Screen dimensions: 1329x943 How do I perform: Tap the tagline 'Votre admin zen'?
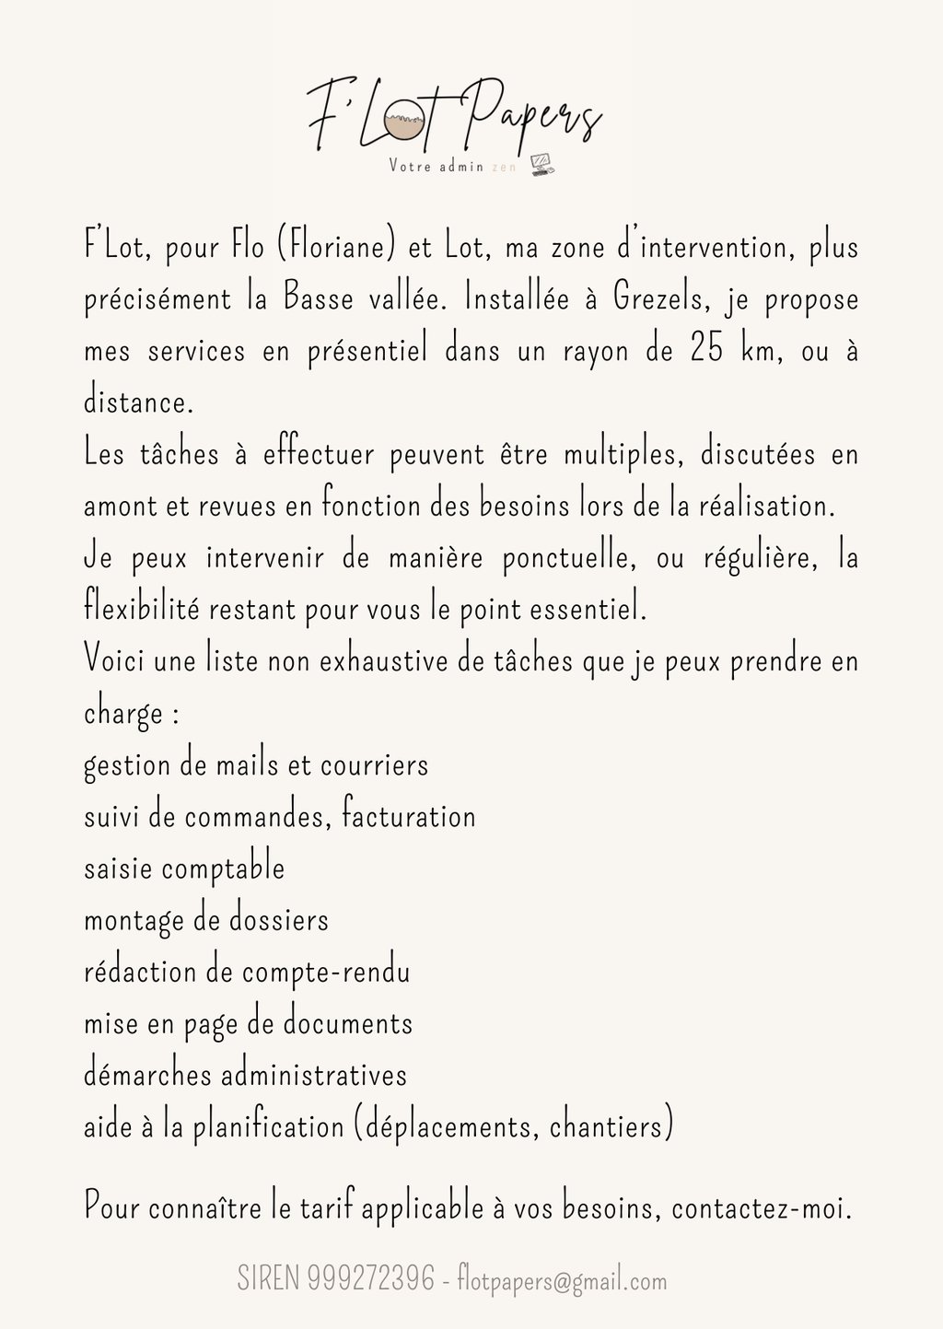tap(452, 166)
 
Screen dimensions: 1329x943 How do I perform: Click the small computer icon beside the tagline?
tap(543, 165)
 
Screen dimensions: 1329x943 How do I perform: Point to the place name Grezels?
tap(661, 298)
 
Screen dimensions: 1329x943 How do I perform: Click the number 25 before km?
tap(706, 350)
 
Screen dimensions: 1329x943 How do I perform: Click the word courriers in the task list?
tap(374, 765)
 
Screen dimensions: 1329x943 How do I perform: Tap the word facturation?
tap(408, 816)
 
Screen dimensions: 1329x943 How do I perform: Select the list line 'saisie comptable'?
tap(184, 869)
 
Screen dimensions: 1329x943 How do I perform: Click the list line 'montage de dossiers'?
tap(206, 920)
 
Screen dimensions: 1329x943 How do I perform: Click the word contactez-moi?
tap(762, 1207)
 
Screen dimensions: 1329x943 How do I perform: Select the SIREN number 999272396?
tap(372, 1278)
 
